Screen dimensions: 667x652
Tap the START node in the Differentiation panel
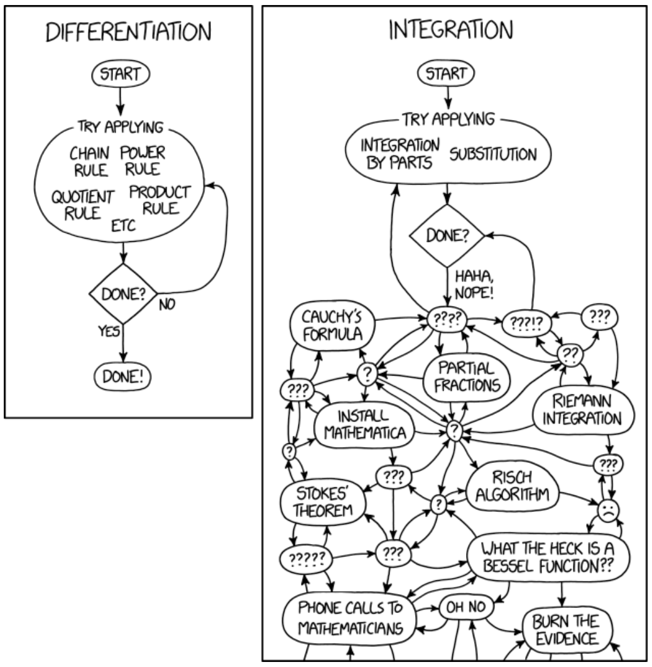(121, 74)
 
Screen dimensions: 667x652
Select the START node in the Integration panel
(447, 74)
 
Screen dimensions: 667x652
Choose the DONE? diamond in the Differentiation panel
(121, 293)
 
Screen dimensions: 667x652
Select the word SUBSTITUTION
(493, 153)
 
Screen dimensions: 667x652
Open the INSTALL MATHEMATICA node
(367, 425)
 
